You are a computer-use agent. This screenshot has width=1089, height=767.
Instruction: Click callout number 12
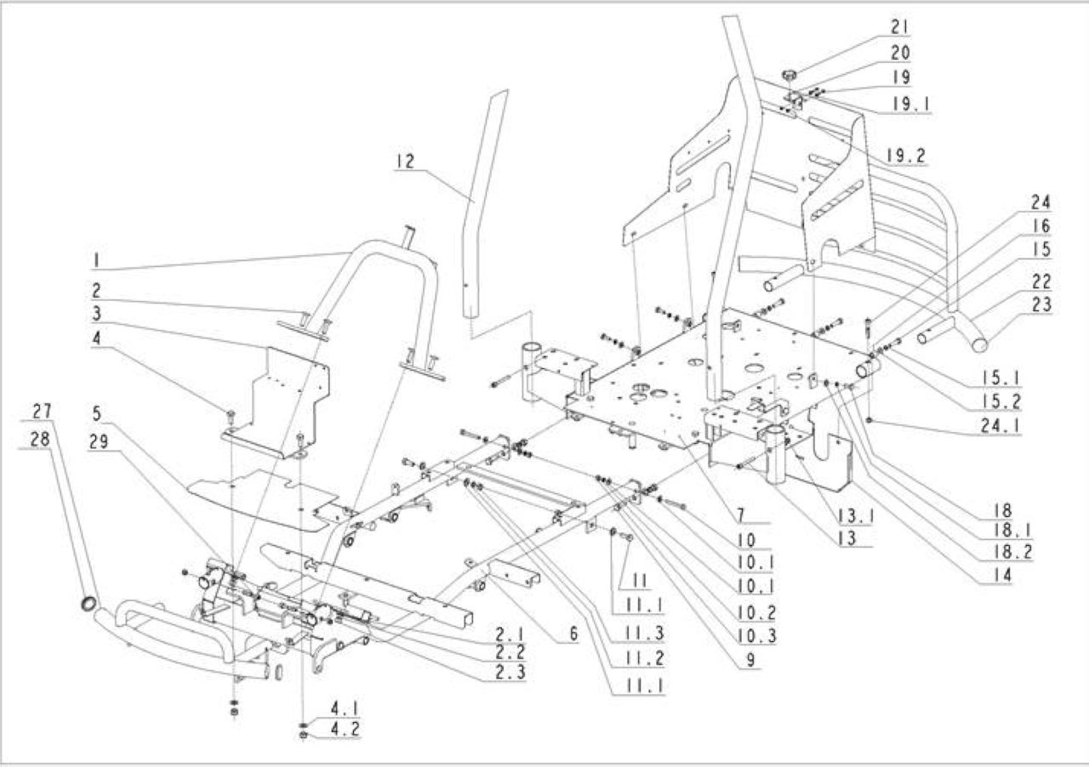pyautogui.click(x=405, y=161)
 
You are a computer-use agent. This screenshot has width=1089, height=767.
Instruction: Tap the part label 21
pyautogui.click(x=899, y=27)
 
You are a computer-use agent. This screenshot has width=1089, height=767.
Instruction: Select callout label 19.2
pyautogui.click(x=905, y=156)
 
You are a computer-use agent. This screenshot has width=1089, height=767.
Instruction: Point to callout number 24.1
pyautogui.click(x=1000, y=426)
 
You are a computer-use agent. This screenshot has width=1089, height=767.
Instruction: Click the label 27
pyautogui.click(x=42, y=412)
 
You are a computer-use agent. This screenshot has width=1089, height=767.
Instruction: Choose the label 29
pyautogui.click(x=99, y=442)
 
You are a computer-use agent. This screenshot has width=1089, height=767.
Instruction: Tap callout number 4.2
pyautogui.click(x=345, y=730)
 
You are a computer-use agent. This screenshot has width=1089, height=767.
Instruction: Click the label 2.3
pyautogui.click(x=510, y=673)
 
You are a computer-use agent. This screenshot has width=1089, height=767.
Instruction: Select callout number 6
pyautogui.click(x=573, y=633)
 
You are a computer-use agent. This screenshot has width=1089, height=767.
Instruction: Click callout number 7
pyautogui.click(x=740, y=514)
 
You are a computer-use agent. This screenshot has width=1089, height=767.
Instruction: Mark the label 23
pyautogui.click(x=1041, y=304)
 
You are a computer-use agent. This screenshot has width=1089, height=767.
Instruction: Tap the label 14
pyautogui.click(x=1002, y=575)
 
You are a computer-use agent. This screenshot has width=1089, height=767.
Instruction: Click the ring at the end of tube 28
pyautogui.click(x=89, y=604)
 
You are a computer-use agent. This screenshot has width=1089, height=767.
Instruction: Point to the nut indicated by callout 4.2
pyautogui.click(x=303, y=735)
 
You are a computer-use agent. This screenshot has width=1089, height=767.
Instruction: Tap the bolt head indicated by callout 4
pyautogui.click(x=230, y=415)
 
